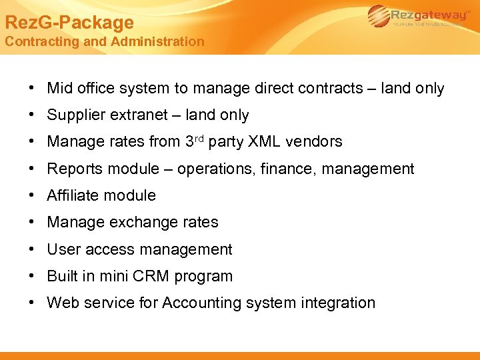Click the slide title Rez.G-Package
coord(69,23)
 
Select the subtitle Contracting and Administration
coord(105,41)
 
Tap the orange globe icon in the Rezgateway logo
coord(379,16)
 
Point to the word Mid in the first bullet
coord(61,88)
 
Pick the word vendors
coord(316,141)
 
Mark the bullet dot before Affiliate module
coord(32,195)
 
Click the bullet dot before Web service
coord(32,303)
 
